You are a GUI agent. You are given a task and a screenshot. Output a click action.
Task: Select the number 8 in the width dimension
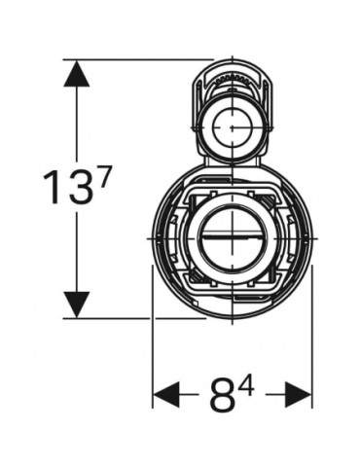[223, 394]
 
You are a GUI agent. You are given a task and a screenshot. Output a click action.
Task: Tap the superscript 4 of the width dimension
[245, 384]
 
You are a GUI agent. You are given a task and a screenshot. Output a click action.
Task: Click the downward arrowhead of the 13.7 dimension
[77, 305]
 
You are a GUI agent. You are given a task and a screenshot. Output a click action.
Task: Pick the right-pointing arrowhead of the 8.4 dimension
[298, 395]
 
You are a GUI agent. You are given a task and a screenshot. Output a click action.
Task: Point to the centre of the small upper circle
[233, 127]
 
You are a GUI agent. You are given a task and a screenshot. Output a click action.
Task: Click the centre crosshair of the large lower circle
[233, 239]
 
